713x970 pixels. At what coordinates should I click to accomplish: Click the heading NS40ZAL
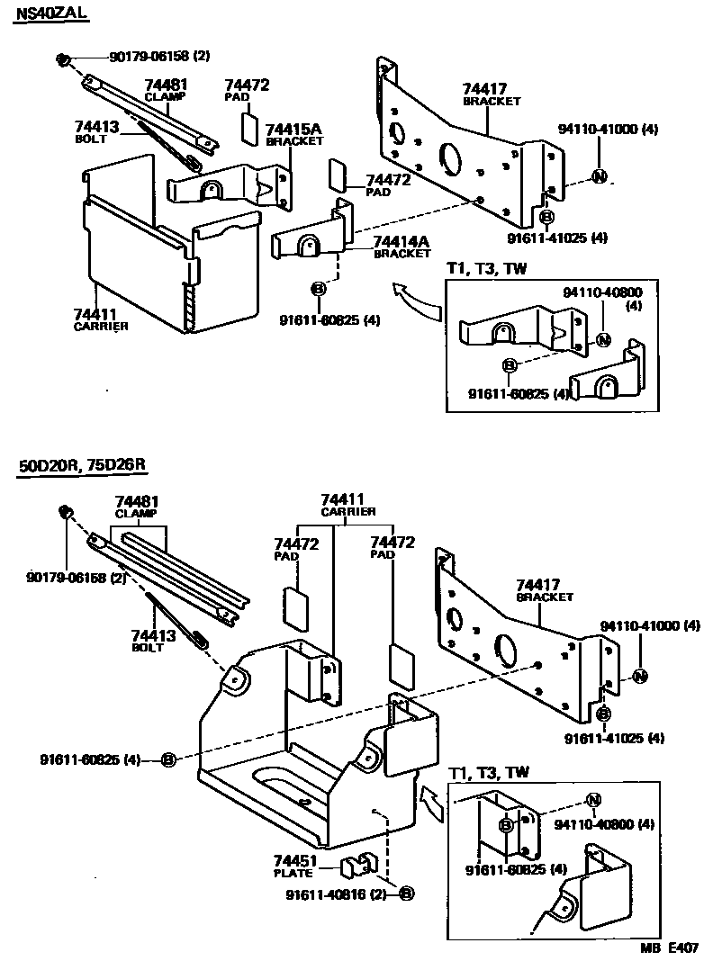tap(51, 15)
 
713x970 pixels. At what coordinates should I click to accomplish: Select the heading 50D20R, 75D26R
tap(82, 465)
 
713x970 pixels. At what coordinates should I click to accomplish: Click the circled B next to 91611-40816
tap(406, 894)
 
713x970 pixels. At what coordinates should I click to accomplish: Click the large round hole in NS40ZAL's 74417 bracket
tap(449, 158)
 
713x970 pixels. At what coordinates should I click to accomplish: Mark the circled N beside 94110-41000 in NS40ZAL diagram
tap(599, 176)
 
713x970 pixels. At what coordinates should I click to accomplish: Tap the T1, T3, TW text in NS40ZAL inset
tap(488, 268)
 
